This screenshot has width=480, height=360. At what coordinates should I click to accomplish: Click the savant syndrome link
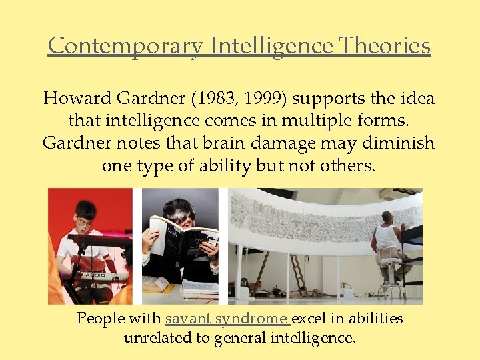click(x=226, y=318)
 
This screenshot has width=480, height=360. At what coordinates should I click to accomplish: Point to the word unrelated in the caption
click(x=159, y=338)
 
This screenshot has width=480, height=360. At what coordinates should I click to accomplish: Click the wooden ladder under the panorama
click(x=298, y=275)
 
